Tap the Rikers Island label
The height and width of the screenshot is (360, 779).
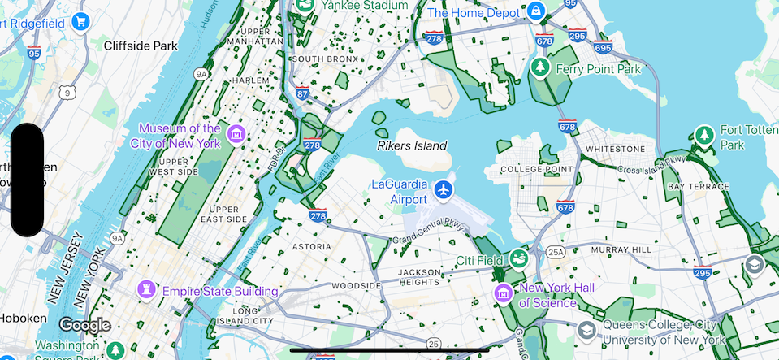412,145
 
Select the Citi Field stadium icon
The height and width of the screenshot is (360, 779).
518,259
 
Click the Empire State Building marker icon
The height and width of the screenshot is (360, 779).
147,290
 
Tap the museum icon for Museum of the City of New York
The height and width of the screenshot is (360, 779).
236,134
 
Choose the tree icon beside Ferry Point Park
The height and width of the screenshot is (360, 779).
539,69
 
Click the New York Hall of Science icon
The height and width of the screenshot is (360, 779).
504,293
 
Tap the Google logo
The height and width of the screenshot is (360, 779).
84,325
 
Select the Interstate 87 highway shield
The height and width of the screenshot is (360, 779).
302,93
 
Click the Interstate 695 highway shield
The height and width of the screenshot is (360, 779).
603,46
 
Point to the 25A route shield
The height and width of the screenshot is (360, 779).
556,252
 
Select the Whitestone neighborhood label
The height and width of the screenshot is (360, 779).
615,150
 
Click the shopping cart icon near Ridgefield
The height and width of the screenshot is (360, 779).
80,22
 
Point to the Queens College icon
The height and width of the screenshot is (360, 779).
586,331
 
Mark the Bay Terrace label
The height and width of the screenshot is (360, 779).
698,187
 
